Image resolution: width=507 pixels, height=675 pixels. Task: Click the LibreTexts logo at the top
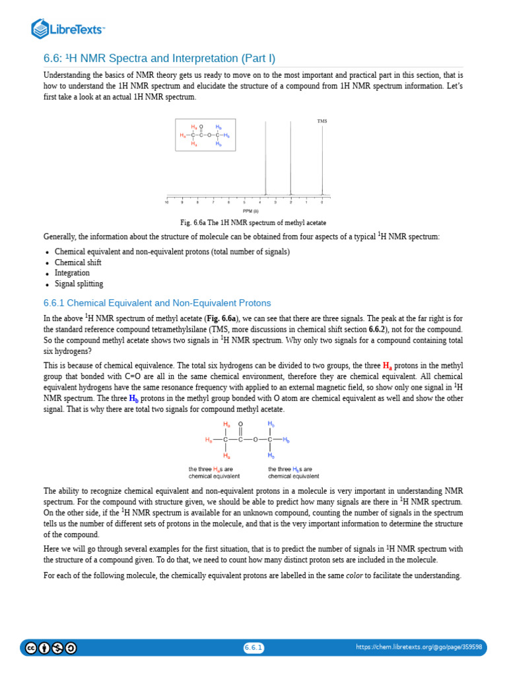click(x=68, y=28)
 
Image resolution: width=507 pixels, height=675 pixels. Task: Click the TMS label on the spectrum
click(x=321, y=121)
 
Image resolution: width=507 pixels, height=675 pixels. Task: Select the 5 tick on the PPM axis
click(x=244, y=202)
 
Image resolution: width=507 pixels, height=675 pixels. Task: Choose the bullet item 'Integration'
click(x=72, y=273)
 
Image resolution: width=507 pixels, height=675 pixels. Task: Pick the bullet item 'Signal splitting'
click(x=79, y=283)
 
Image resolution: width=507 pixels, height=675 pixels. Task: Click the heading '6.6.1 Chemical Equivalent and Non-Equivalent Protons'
click(x=157, y=303)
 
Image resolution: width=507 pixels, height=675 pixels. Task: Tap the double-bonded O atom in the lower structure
click(x=241, y=425)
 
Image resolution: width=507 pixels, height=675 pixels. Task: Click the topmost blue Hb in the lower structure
click(x=271, y=424)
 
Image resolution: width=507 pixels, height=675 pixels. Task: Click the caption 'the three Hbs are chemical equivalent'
click(x=293, y=472)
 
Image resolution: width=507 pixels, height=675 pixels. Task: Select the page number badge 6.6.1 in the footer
click(x=253, y=647)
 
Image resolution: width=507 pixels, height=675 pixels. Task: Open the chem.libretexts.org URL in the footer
click(x=419, y=647)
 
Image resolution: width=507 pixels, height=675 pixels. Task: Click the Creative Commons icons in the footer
click(x=51, y=647)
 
